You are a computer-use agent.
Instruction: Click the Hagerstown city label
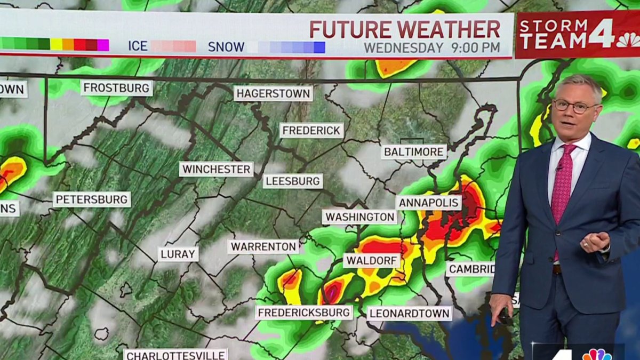point(273,93)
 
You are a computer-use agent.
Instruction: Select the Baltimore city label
point(414,151)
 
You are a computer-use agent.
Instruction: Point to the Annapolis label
point(429,203)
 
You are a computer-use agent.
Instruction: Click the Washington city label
point(359,217)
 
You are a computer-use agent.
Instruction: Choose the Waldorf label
point(372,260)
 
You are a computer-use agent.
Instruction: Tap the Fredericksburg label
point(304,312)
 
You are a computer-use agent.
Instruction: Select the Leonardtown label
point(409,313)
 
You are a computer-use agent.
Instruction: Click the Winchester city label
point(216,170)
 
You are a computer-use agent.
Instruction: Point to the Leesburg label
point(293,181)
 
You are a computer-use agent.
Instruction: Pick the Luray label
point(178,254)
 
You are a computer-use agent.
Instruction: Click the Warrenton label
point(263,247)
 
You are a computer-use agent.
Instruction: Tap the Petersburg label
point(92,199)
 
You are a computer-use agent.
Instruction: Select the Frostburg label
point(116,87)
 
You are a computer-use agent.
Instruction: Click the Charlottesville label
point(175,355)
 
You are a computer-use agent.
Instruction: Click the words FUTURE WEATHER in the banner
point(405,29)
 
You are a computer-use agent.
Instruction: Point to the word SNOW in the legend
point(226,46)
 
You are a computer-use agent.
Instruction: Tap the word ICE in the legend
point(138,46)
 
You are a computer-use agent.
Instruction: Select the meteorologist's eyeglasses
point(574,106)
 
